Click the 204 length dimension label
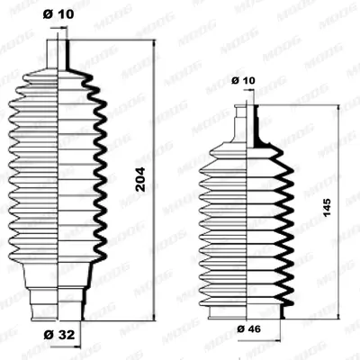[x=140, y=179]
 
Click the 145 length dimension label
[x=327, y=207]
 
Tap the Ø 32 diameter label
[x=59, y=335]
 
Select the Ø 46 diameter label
[x=249, y=328]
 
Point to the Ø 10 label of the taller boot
[x=58, y=14]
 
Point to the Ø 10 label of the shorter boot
[x=243, y=80]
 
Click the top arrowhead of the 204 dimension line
[x=154, y=43]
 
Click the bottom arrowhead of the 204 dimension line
[x=154, y=318]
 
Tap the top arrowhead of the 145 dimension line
[x=338, y=109]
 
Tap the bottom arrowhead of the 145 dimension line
[x=338, y=315]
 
